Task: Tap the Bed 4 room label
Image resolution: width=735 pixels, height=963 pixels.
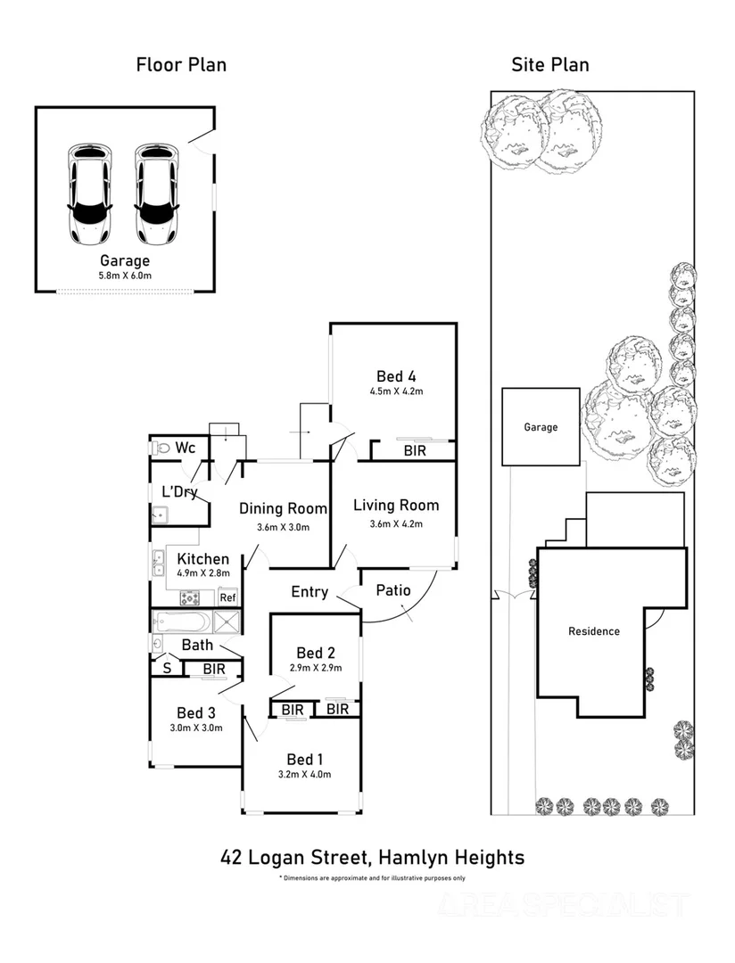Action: pyautogui.click(x=396, y=375)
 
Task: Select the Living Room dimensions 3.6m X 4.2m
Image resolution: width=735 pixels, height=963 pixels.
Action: pyautogui.click(x=396, y=523)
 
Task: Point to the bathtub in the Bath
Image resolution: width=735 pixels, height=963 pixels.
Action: pyautogui.click(x=181, y=621)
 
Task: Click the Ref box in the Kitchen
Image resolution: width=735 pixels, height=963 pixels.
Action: pyautogui.click(x=227, y=597)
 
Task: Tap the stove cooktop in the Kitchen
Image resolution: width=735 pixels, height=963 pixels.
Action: pyautogui.click(x=191, y=597)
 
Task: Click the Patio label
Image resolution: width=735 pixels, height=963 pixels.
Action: pyautogui.click(x=392, y=590)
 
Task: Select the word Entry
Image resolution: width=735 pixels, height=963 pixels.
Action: pyautogui.click(x=310, y=592)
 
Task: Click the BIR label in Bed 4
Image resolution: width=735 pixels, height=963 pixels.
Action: pyautogui.click(x=415, y=451)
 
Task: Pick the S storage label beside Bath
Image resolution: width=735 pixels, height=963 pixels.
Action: pyautogui.click(x=166, y=668)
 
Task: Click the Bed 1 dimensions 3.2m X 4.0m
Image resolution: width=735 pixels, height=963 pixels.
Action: pyautogui.click(x=304, y=774)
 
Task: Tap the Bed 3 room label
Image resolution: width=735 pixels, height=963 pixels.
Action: pyautogui.click(x=196, y=712)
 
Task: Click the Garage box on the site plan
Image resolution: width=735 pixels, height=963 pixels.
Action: pyautogui.click(x=541, y=427)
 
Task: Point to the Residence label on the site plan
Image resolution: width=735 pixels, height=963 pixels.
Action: pyautogui.click(x=594, y=631)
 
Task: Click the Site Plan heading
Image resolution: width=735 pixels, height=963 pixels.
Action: pyautogui.click(x=549, y=64)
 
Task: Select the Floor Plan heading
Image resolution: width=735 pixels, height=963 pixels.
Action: pyautogui.click(x=181, y=64)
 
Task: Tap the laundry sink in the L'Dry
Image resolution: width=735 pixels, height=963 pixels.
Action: pyautogui.click(x=160, y=514)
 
